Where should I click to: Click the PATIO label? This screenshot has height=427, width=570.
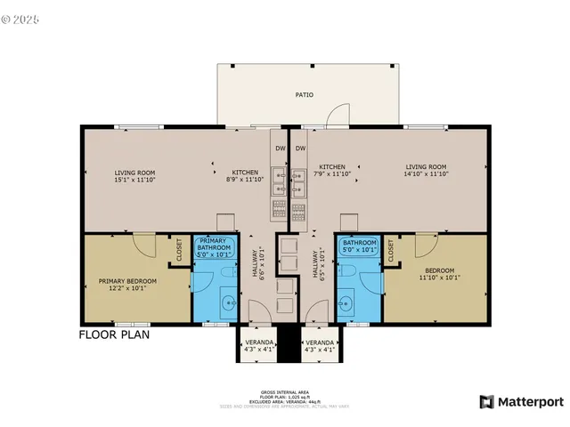pos(305,94)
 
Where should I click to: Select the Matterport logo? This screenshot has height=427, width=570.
pos(521,401)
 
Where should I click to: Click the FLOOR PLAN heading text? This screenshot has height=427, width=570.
pos(114,335)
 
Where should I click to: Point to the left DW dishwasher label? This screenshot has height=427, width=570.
pos(280,148)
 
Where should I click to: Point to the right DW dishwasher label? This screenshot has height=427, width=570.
pos(301,148)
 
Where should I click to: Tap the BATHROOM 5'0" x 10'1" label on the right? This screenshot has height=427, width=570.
pos(360,246)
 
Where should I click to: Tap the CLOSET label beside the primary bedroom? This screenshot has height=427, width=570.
pos(179,250)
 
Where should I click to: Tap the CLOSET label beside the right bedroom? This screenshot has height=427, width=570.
pos(392,252)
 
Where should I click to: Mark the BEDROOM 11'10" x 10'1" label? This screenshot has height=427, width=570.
pos(439,274)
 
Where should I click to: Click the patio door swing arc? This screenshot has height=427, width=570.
pos(338,113)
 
